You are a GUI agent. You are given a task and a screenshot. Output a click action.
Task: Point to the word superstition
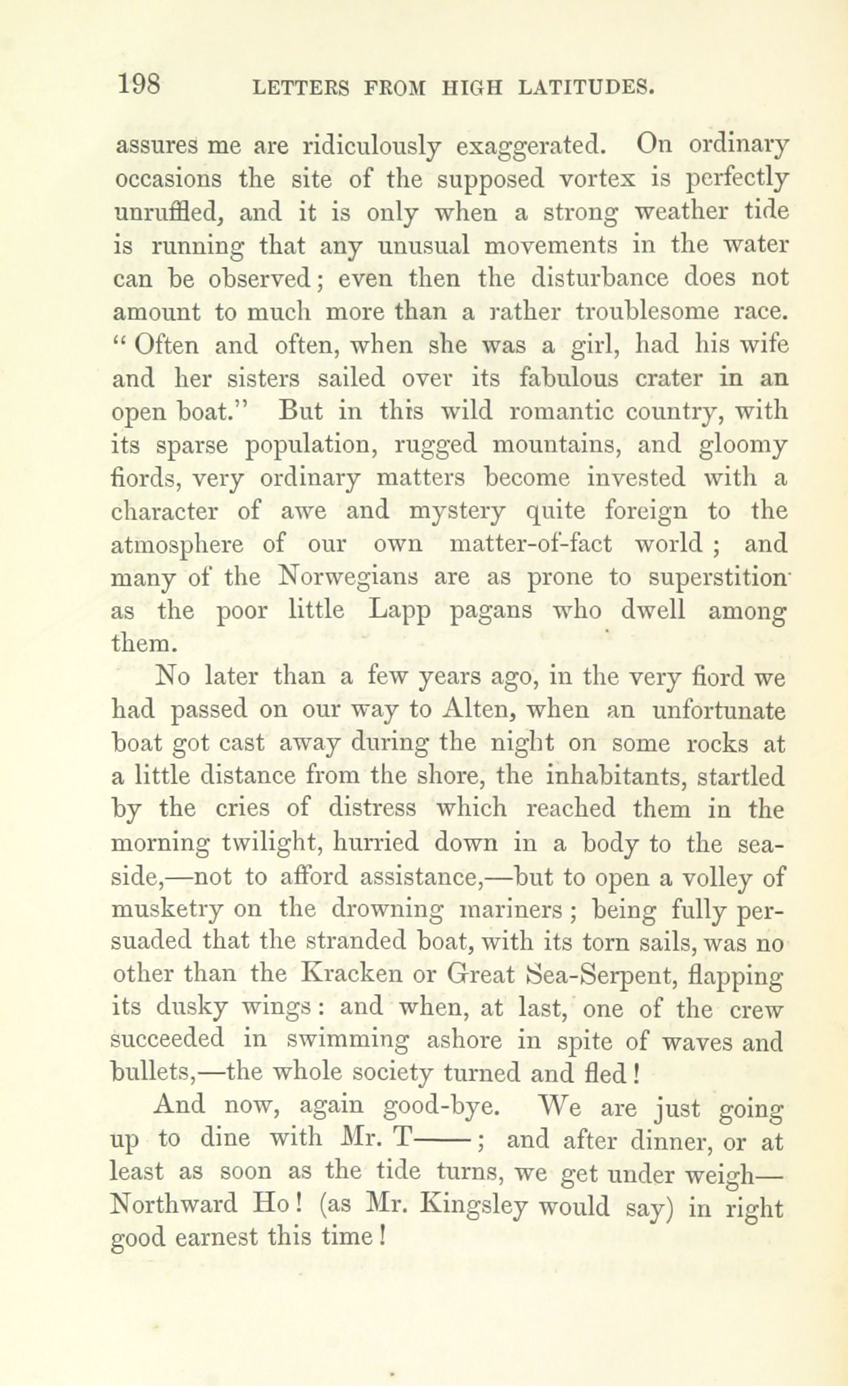coord(713,577)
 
